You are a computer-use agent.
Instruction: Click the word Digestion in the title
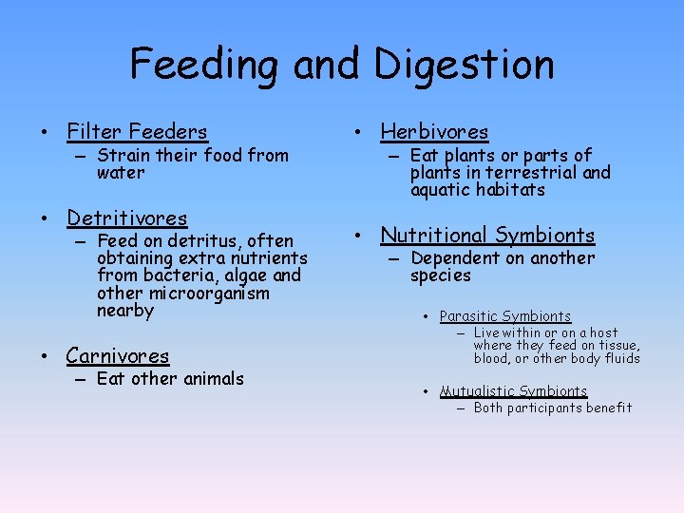(464, 65)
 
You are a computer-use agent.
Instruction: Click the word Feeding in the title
(206, 65)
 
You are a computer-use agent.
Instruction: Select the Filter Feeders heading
(137, 132)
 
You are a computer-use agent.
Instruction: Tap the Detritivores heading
(126, 218)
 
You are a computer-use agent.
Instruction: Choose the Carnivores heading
(117, 356)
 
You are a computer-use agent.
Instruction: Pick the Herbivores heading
(434, 132)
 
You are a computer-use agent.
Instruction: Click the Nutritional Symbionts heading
(487, 235)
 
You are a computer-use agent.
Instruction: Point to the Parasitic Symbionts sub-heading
(505, 316)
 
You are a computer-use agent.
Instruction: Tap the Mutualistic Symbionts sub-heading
(513, 391)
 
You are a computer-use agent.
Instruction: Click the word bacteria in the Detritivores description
(174, 275)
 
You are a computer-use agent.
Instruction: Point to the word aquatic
(438, 190)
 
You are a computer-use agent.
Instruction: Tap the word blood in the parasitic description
(492, 358)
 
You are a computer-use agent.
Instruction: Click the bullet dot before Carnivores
(44, 358)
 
